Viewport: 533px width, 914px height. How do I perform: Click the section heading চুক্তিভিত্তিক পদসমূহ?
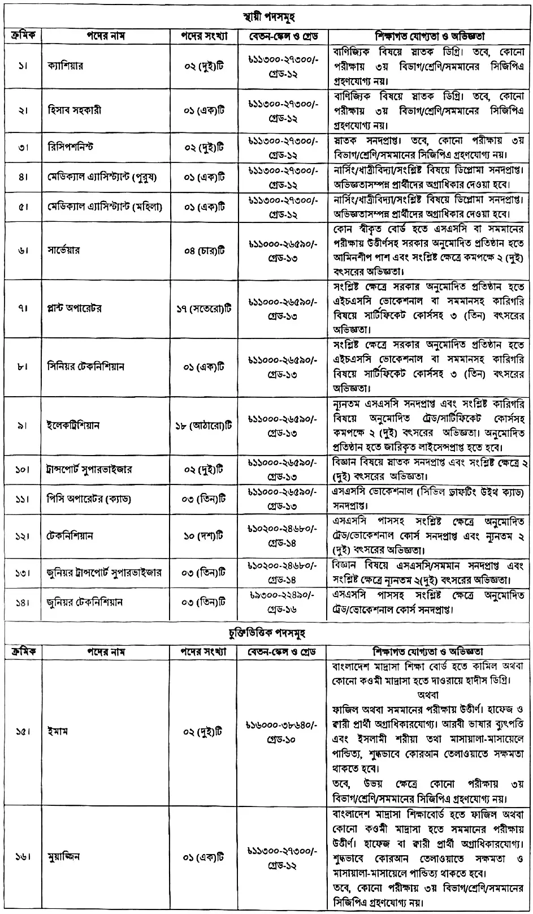(266, 632)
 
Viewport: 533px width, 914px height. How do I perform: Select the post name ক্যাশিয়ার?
(66, 66)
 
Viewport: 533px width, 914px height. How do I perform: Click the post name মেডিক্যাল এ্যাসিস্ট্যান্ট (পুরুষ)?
(102, 177)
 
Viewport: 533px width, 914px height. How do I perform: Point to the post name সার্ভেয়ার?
(64, 250)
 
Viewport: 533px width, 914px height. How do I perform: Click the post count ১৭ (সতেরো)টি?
(203, 308)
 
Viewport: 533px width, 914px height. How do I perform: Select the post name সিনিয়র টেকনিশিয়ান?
(86, 367)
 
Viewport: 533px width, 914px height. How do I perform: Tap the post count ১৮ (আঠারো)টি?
(203, 425)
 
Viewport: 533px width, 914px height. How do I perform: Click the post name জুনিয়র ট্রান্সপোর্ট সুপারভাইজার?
(105, 572)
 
